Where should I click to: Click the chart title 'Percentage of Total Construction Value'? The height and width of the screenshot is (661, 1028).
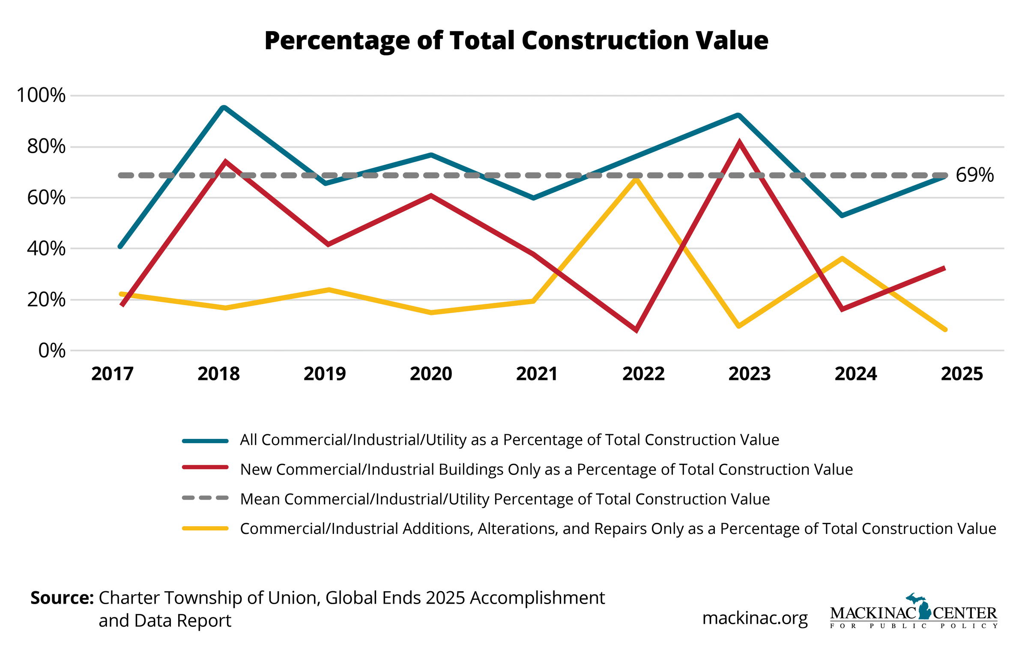pyautogui.click(x=516, y=41)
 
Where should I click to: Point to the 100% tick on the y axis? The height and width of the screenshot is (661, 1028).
pyautogui.click(x=41, y=95)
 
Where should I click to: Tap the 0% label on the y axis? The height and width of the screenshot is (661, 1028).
pyautogui.click(x=52, y=351)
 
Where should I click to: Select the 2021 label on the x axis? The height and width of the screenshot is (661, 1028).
pyautogui.click(x=537, y=374)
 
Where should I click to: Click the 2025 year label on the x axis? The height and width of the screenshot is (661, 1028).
pyautogui.click(x=962, y=374)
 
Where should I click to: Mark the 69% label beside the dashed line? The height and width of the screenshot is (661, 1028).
pyautogui.click(x=974, y=175)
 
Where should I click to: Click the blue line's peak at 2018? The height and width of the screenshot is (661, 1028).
pyautogui.click(x=224, y=107)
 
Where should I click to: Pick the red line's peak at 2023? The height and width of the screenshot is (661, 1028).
pyautogui.click(x=738, y=143)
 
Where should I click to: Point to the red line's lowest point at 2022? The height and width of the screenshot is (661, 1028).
pyautogui.click(x=636, y=329)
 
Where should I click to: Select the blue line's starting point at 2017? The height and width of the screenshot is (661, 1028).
pyautogui.click(x=120, y=247)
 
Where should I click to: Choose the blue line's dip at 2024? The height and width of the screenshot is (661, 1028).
pyautogui.click(x=842, y=216)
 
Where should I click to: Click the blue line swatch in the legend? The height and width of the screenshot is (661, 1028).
pyautogui.click(x=205, y=441)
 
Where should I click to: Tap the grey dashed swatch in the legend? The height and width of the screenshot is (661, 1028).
pyautogui.click(x=205, y=498)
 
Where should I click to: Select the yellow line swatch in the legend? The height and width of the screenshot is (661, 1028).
pyautogui.click(x=205, y=528)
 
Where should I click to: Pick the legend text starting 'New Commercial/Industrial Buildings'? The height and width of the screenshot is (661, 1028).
pyautogui.click(x=546, y=470)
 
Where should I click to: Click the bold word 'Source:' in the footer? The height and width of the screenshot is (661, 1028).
pyautogui.click(x=62, y=598)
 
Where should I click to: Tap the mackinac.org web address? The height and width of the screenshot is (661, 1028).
pyautogui.click(x=755, y=618)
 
